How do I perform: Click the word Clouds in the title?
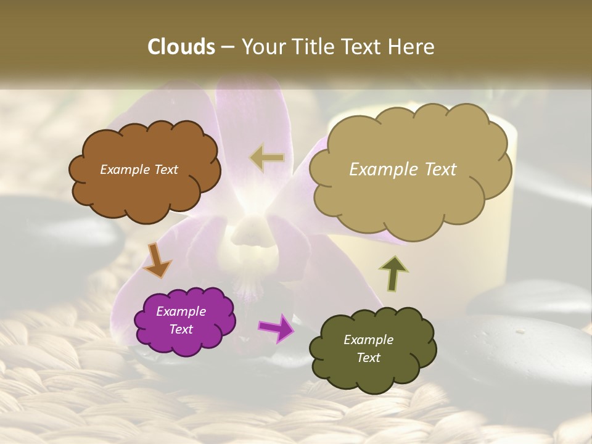(181, 47)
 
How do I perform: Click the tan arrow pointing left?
(267, 157)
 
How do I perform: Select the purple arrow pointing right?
(276, 327)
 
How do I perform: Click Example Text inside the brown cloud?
(139, 170)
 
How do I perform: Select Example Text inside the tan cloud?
(403, 170)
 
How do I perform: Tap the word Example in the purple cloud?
(181, 311)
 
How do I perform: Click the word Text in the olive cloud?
(368, 358)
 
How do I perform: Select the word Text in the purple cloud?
(181, 329)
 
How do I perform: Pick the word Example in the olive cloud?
(368, 340)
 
